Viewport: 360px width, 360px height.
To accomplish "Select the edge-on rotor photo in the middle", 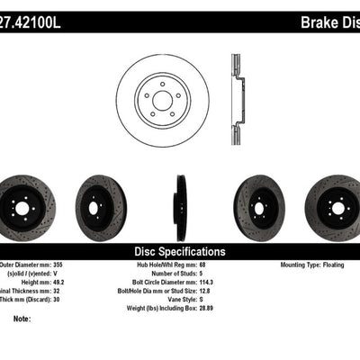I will click(x=180, y=208).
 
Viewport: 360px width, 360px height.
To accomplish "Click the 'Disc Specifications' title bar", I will click(x=180, y=252).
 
